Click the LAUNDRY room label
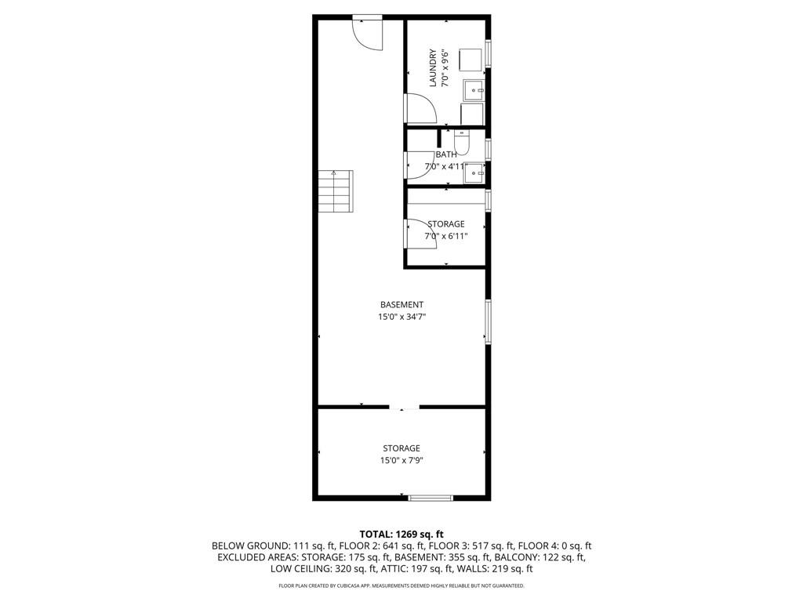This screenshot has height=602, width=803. point(433,67)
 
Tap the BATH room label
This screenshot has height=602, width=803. point(446,154)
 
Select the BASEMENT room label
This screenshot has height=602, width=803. point(401,305)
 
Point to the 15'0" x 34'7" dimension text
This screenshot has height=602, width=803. point(401,317)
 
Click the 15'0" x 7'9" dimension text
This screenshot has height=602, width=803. point(401,460)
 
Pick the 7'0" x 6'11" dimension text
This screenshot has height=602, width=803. point(446,236)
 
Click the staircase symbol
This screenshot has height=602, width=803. point(336,191)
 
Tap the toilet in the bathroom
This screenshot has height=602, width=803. point(461,143)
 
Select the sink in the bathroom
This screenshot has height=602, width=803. point(474,173)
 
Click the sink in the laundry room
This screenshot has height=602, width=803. point(474,90)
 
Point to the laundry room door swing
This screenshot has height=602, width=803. point(421,108)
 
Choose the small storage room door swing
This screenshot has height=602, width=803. point(421,234)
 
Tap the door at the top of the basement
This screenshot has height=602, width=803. point(368,33)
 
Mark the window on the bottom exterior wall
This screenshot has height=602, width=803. point(431,497)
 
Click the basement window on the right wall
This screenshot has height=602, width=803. point(488,321)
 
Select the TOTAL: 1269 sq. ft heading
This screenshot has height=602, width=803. point(401,535)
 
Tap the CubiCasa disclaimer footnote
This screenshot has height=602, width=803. point(401,586)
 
